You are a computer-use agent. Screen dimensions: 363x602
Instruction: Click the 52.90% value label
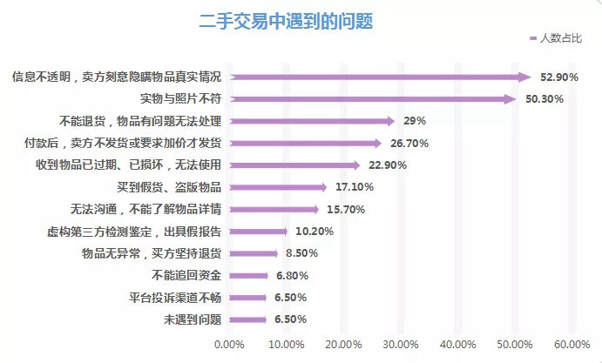pyautogui.click(x=558, y=77)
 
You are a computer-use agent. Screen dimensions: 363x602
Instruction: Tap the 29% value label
pyautogui.click(x=415, y=121)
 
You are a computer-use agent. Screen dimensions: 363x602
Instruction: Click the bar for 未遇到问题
pyautogui.click(x=247, y=319)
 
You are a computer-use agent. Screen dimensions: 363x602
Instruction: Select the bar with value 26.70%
pyautogui.click(x=305, y=143)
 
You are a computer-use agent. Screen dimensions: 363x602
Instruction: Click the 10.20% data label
pyautogui.click(x=311, y=232)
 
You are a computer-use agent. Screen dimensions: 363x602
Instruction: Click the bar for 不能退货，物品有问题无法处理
pyautogui.click(x=312, y=121)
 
